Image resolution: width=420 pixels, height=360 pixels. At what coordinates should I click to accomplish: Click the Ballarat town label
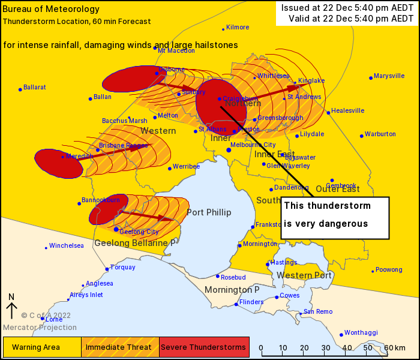click(34, 88)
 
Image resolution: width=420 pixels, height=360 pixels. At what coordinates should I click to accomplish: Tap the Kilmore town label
click(238, 28)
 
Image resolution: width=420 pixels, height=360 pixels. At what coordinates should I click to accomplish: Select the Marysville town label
click(389, 76)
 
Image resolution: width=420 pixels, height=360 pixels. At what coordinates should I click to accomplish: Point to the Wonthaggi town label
click(361, 332)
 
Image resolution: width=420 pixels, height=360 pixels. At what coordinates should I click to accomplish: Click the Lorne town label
click(53, 319)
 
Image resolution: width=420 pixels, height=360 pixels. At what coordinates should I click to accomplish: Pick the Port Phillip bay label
click(209, 212)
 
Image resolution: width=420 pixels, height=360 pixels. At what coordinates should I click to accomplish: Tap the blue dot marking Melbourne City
click(229, 150)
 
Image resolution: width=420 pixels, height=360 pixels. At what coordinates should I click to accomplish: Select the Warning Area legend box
click(42, 347)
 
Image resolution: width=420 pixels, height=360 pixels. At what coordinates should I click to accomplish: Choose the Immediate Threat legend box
click(120, 347)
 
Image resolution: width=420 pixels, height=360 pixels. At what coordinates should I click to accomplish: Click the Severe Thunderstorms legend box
click(204, 347)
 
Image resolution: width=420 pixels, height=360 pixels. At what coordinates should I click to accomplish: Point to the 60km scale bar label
click(395, 348)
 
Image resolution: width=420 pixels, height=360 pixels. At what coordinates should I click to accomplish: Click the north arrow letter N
click(11, 296)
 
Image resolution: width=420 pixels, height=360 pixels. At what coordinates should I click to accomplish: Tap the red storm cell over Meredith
click(58, 163)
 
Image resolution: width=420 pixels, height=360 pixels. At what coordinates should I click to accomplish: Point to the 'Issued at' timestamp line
click(347, 7)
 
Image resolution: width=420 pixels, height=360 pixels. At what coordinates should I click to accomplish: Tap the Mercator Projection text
click(40, 328)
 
